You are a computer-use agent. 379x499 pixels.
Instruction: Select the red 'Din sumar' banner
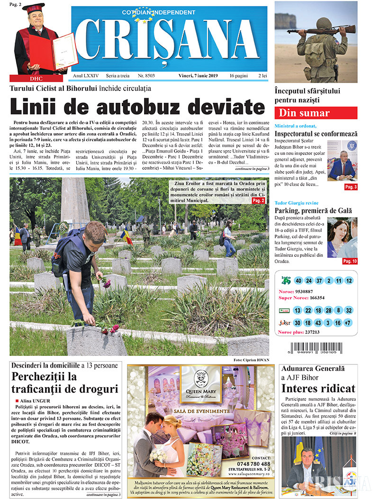tap(316, 113)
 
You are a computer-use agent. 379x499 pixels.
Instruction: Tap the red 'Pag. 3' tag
tap(351, 187)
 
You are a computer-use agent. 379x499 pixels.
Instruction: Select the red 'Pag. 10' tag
tap(350, 261)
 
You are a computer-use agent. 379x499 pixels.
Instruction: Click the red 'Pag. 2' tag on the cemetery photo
tap(258, 201)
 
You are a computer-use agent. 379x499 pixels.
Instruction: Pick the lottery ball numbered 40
tap(298, 281)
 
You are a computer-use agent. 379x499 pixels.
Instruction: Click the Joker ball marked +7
tap(348, 323)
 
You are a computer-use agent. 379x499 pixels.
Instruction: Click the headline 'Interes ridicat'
tap(318, 389)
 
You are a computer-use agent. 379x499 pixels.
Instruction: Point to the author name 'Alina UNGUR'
tap(37, 400)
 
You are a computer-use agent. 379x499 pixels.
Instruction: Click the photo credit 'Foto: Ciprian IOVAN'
tap(251, 360)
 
